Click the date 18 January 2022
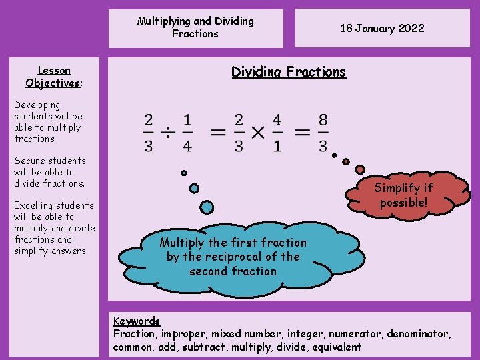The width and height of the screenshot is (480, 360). [382, 28]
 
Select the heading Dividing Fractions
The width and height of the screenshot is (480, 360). [289, 72]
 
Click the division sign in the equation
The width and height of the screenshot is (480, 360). [168, 133]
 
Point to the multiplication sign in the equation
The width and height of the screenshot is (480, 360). [258, 133]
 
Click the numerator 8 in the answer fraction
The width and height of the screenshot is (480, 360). [323, 121]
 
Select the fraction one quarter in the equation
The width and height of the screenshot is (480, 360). [187, 133]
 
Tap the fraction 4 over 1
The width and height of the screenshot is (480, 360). [277, 133]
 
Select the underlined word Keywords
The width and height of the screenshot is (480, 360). [137, 321]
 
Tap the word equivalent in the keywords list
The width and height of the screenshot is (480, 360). [334, 347]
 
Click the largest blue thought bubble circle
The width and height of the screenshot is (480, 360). [207, 207]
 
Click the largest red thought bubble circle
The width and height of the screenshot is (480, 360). [361, 169]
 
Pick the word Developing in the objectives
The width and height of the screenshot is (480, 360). [37, 105]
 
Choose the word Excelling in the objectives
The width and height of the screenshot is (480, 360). [35, 205]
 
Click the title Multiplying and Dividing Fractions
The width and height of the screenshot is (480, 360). [195, 27]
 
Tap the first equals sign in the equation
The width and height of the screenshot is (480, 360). [218, 133]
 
